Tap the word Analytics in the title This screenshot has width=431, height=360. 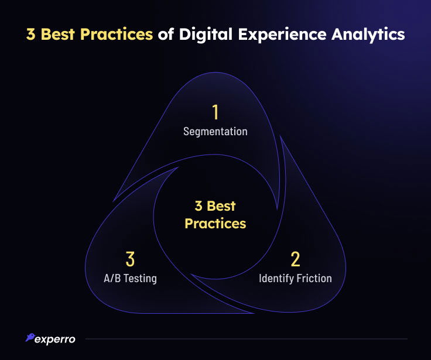pos(368,35)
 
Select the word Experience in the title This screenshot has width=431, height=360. pos(282,35)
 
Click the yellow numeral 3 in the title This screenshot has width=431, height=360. pos(31,35)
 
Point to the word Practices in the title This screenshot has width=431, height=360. pos(117,35)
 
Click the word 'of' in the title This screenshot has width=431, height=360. pos(166,34)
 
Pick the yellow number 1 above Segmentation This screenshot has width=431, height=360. pos(215,112)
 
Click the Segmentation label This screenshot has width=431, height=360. pos(215,131)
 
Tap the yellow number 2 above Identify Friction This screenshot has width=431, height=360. pos(295,259)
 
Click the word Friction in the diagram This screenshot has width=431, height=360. pos(314,279)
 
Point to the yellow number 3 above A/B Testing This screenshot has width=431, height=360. pos(130,259)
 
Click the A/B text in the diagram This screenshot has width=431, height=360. pos(112,279)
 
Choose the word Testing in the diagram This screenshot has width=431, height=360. pos(140,279)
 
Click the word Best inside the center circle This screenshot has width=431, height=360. pos(221,206)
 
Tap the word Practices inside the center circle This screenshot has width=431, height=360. pos(215,224)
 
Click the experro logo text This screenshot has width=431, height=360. pos(55,340)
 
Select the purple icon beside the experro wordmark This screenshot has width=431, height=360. pos(30,337)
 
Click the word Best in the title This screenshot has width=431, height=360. pos(57,35)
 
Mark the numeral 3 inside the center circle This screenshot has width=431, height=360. pos(199,206)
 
